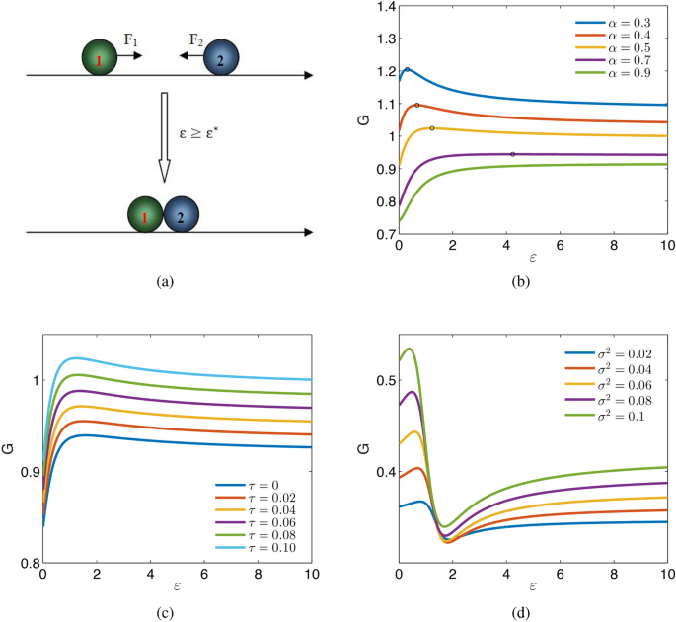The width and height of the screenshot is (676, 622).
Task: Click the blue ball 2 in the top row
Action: (x=221, y=60)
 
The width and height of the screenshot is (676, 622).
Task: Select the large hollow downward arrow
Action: (x=165, y=138)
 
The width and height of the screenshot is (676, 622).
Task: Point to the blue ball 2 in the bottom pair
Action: (x=182, y=213)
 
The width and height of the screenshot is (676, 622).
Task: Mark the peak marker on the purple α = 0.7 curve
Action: (x=513, y=154)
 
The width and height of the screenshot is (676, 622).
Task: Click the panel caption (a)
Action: (x=165, y=282)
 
